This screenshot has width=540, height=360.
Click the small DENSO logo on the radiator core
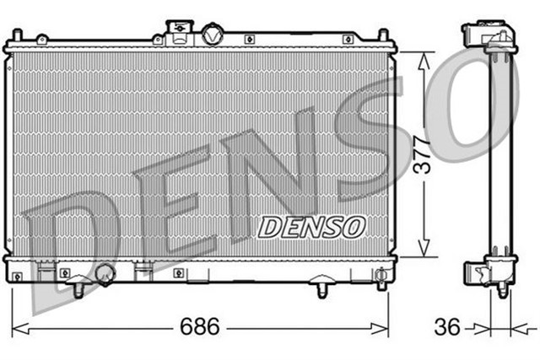(311, 226)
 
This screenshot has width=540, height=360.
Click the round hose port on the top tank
(211, 35)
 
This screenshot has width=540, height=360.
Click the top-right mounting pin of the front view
(382, 35)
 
